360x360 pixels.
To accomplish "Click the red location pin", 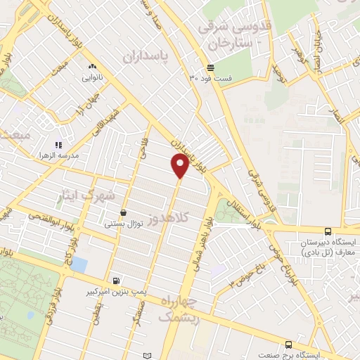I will pos(180,166).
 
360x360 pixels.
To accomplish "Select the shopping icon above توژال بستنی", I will pos(124,212).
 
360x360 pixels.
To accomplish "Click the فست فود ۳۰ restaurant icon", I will pos(211,68).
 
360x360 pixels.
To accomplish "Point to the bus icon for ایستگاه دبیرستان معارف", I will pos(328,231).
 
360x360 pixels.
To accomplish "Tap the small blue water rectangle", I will pos(79,265).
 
